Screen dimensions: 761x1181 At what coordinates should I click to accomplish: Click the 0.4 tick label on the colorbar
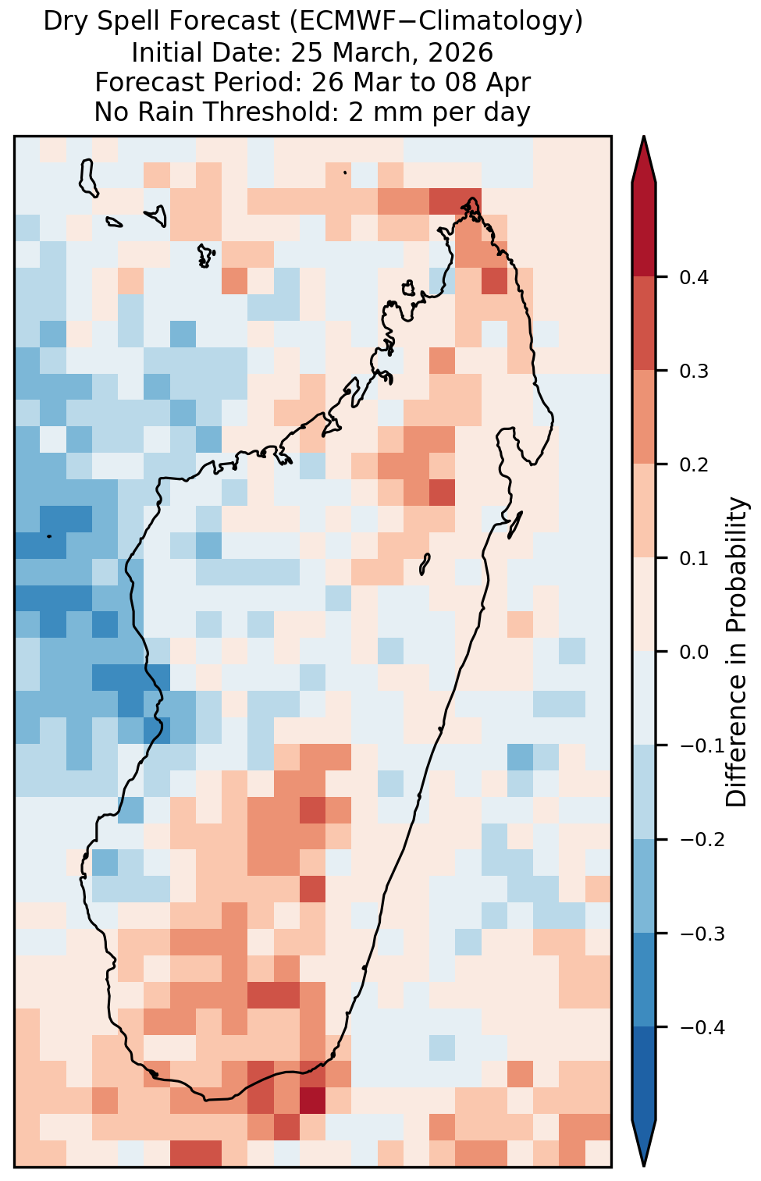click(694, 277)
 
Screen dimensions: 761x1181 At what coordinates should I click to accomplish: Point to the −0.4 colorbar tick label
click(702, 1026)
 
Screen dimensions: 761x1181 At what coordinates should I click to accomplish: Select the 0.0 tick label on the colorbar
click(694, 652)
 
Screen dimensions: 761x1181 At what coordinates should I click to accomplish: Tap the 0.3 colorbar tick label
click(694, 371)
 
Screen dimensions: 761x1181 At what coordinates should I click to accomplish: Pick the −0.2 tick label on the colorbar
click(702, 839)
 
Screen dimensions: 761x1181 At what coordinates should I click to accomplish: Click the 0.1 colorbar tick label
click(694, 558)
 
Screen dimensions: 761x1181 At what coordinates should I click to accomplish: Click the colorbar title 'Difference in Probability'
click(737, 652)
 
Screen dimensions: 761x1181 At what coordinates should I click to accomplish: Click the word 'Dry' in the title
click(63, 22)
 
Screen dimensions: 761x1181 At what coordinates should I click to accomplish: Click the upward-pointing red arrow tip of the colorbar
click(644, 137)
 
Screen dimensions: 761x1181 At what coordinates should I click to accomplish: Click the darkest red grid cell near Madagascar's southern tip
click(312, 1100)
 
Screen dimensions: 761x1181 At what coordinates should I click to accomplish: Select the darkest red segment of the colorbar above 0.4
click(644, 229)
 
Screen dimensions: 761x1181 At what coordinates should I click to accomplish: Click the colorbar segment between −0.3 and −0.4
click(644, 980)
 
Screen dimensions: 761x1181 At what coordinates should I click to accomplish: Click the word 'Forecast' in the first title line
click(220, 21)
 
